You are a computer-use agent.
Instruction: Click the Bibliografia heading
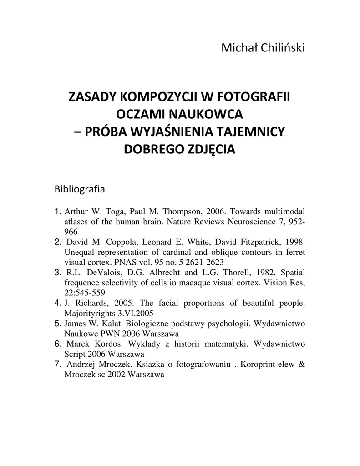click(80, 188)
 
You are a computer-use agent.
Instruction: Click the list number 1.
click(57, 212)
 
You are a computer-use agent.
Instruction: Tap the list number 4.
click(57, 303)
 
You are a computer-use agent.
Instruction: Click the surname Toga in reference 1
click(115, 212)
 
